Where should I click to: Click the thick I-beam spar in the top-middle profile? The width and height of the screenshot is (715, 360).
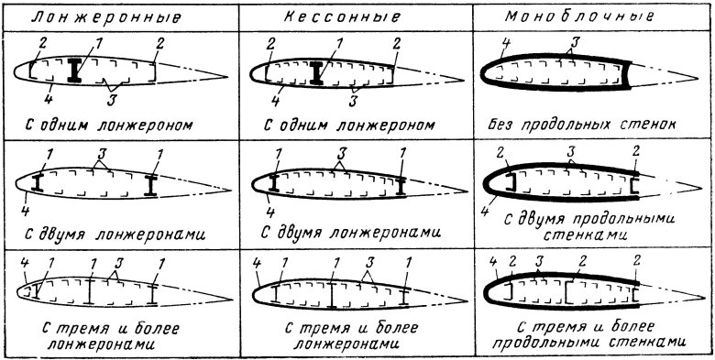coord(316,71)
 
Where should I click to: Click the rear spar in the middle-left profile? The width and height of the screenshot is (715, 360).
coord(149,185)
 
